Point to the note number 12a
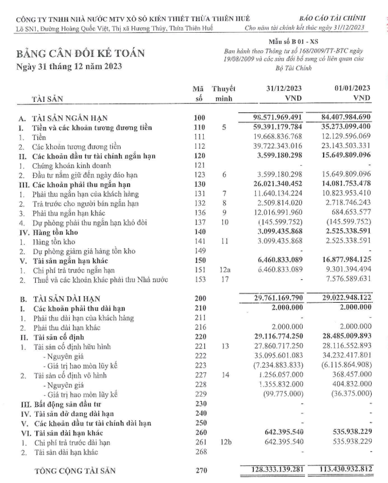coord(222,269)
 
